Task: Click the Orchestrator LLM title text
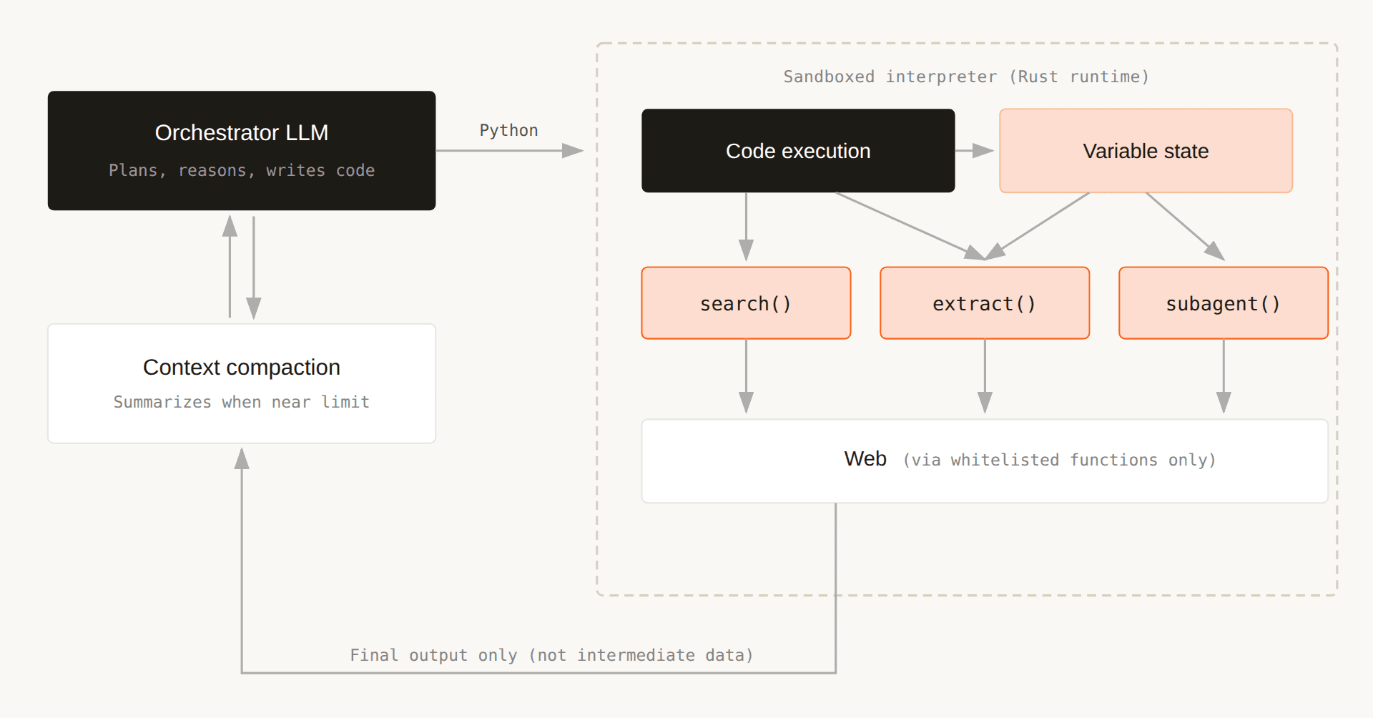coord(242,133)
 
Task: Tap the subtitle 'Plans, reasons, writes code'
coord(242,170)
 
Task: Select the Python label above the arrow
coord(508,130)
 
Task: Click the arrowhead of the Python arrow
coord(574,151)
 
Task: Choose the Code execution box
coord(798,151)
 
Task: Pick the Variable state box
coord(1146,151)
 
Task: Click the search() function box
coord(746,303)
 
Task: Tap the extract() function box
coord(985,303)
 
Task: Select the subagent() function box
coord(1223,303)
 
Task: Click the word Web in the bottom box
coord(865,459)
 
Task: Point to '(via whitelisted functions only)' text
coord(1059,460)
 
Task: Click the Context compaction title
coord(242,368)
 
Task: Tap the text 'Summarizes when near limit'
coord(242,402)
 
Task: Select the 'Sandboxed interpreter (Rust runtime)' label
coord(966,77)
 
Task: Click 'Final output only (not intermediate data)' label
coord(551,655)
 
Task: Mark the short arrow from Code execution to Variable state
coord(974,151)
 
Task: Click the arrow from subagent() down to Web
coord(1224,375)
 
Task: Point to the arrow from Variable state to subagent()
coord(1184,225)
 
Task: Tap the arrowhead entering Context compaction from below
coord(242,458)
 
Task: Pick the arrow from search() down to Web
coord(746,375)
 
